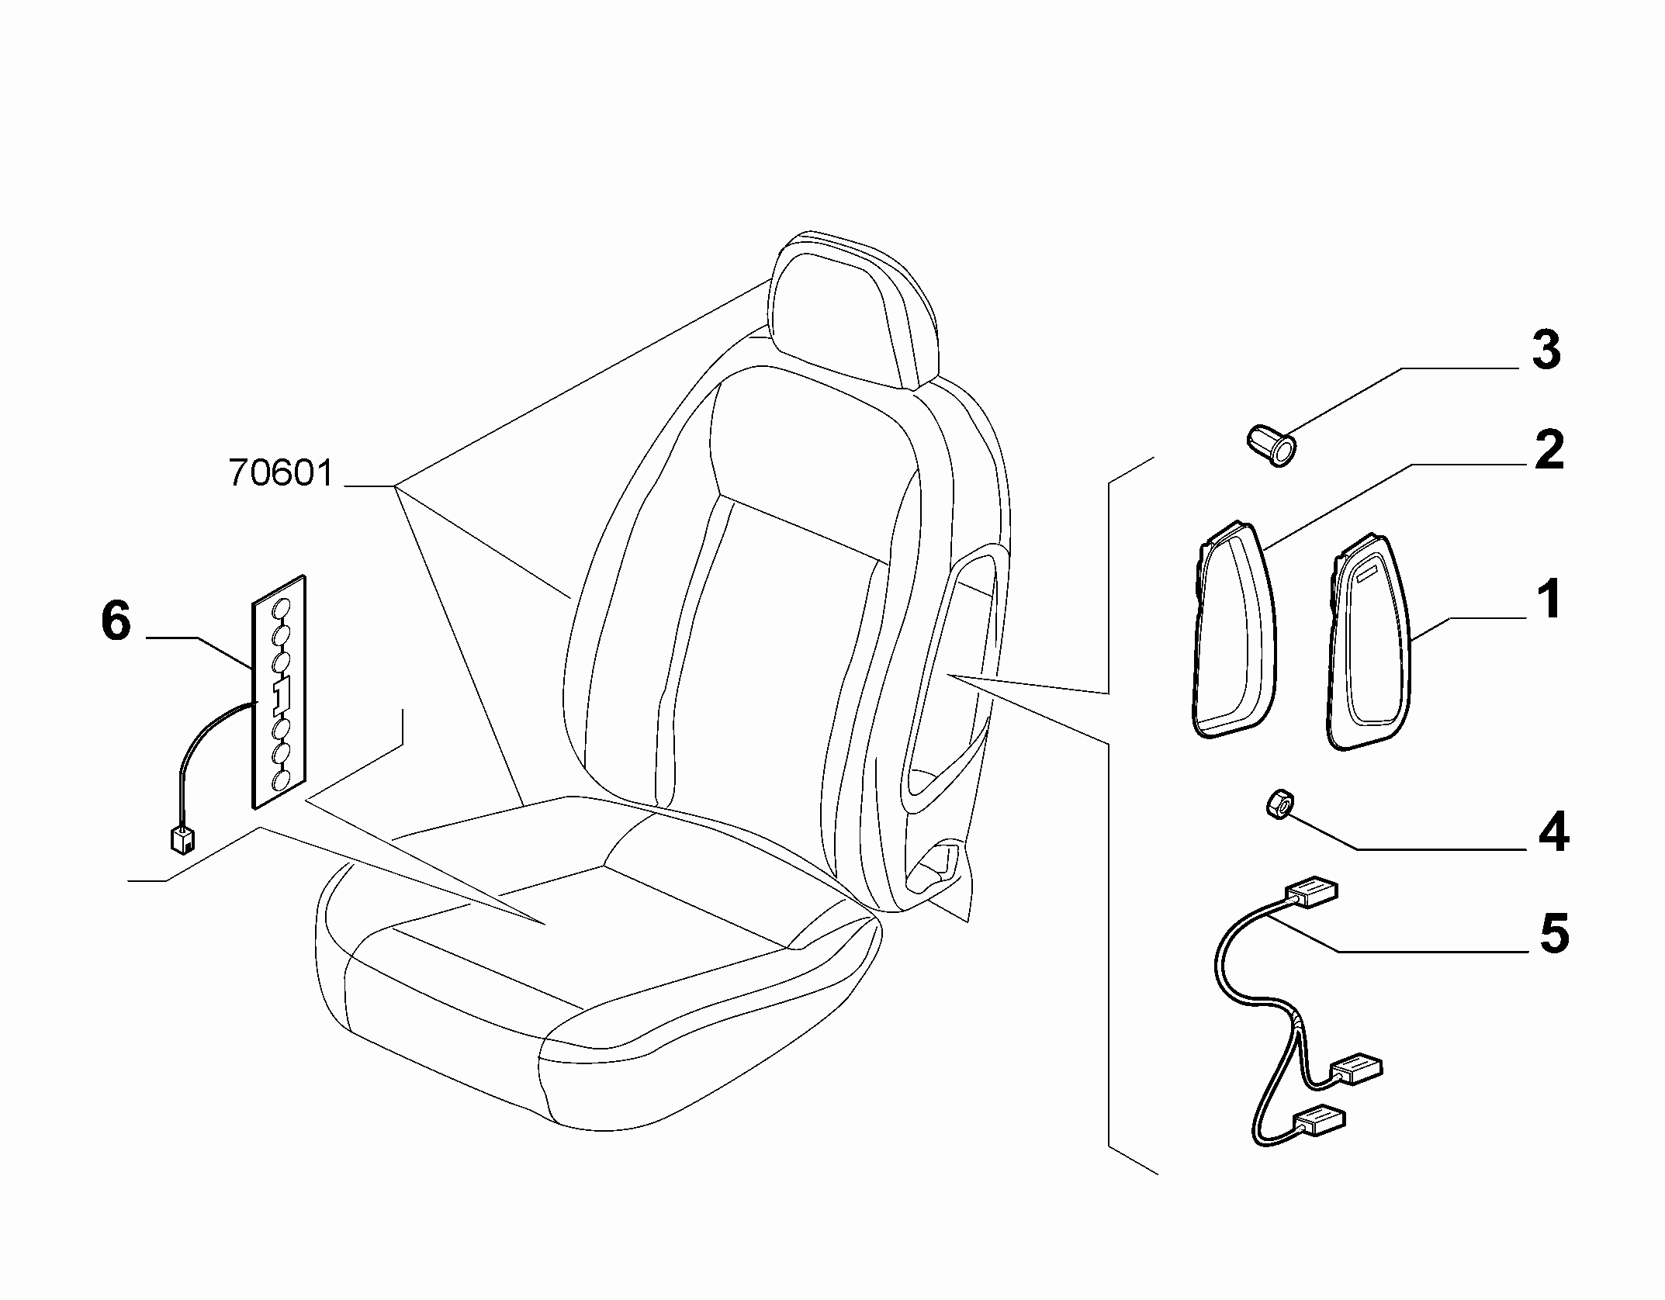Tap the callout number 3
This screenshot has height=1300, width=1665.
click(1546, 350)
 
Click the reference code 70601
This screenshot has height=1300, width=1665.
click(282, 472)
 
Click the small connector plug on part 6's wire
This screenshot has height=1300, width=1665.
click(182, 840)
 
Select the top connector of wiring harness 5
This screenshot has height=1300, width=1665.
click(1312, 891)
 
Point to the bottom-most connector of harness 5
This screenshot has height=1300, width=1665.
click(1319, 1120)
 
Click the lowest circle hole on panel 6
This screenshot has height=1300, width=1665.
click(281, 780)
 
